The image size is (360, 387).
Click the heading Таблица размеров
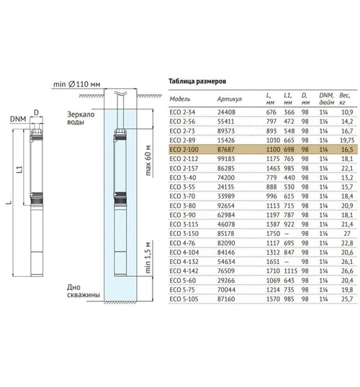click(197, 81)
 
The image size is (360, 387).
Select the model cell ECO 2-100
click(184, 150)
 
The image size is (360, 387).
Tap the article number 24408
click(225, 112)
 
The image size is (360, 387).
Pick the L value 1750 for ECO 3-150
click(273, 234)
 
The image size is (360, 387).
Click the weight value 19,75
click(347, 140)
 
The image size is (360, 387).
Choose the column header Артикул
click(230, 99)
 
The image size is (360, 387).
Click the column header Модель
click(179, 99)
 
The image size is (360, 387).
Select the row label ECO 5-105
click(184, 299)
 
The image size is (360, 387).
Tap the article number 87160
click(225, 299)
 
